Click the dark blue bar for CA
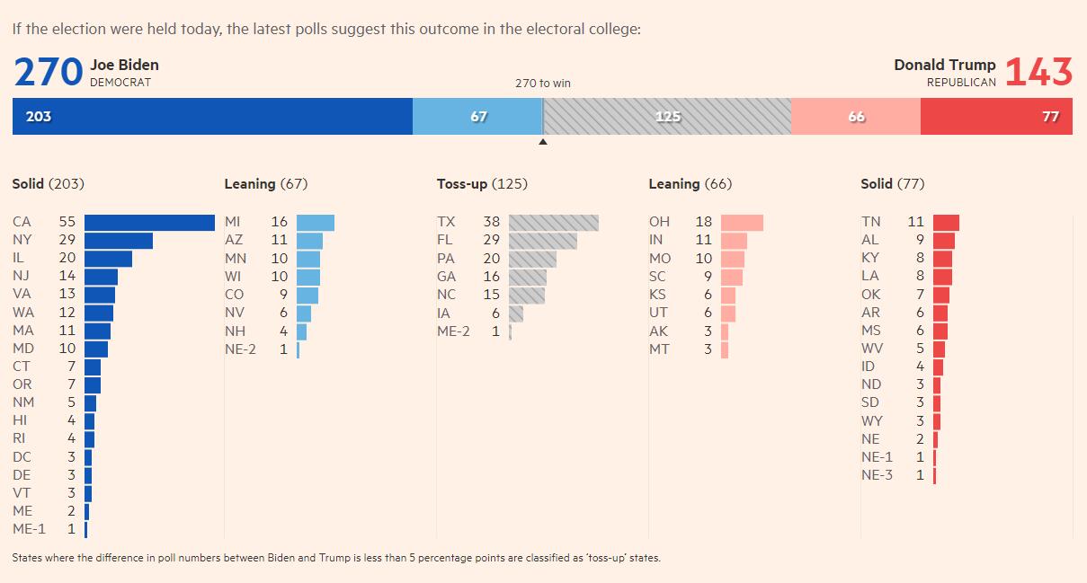149,223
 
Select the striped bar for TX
553,223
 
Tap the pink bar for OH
742,223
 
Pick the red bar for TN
946,223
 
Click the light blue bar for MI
315,223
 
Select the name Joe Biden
124,65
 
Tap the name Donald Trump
945,65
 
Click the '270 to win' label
542,84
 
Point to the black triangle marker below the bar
542,141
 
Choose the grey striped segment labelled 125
667,117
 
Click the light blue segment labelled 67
477,117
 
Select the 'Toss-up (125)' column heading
482,184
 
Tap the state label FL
446,240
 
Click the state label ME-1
29,529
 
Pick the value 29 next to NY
67,240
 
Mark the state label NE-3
877,475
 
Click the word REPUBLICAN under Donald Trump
961,83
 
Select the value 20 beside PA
492,259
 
